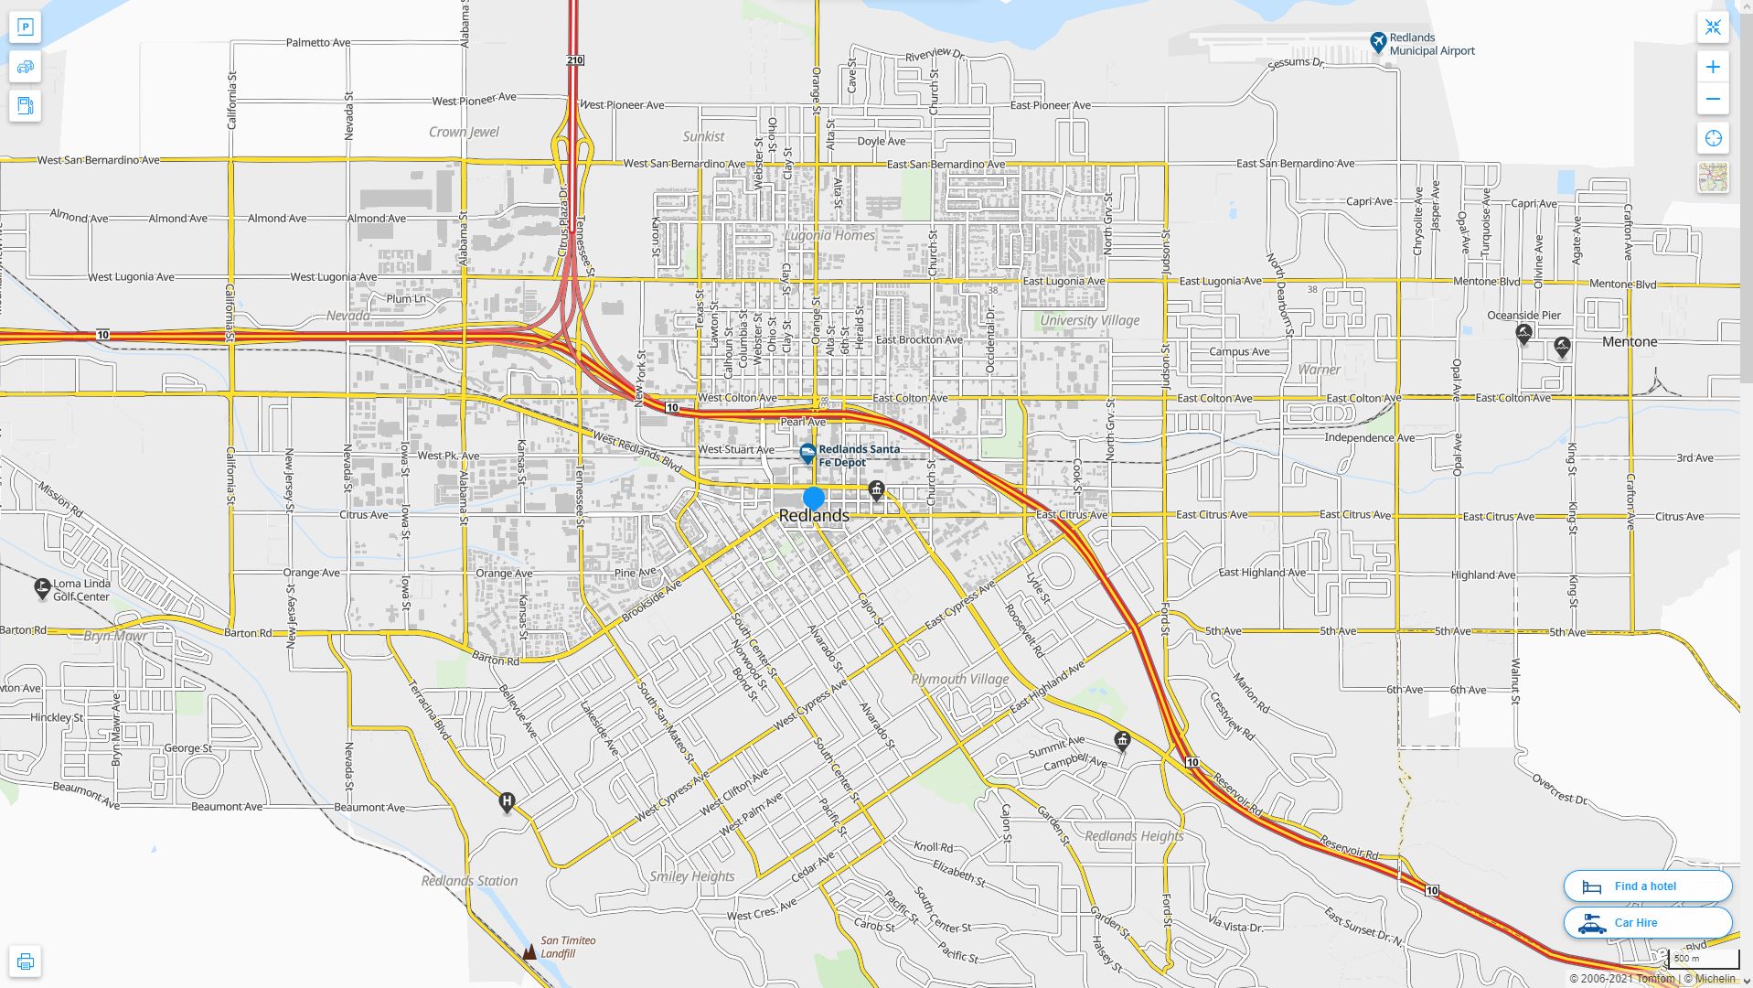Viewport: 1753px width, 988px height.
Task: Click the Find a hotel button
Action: tap(1647, 886)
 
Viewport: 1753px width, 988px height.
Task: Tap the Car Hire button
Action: tap(1647, 922)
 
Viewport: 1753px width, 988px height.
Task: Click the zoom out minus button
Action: tap(1713, 99)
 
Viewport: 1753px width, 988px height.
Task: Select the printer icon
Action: tap(26, 961)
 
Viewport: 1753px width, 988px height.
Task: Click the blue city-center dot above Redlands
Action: tap(813, 499)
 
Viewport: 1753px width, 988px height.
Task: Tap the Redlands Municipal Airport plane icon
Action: tap(1378, 42)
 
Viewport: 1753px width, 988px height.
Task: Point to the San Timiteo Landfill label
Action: tap(567, 947)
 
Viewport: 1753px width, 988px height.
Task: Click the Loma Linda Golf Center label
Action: tap(81, 590)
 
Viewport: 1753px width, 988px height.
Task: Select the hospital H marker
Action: tap(507, 803)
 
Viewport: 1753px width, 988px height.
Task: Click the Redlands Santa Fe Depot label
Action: tap(859, 456)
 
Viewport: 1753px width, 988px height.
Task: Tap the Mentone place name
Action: tap(1630, 342)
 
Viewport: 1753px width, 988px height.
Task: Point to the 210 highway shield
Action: tap(574, 60)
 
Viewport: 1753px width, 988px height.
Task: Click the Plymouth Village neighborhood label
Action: tap(960, 679)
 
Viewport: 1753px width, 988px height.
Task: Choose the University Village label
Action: tap(1089, 320)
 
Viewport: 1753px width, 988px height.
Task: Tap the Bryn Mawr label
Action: tap(115, 636)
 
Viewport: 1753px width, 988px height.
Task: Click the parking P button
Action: tap(26, 27)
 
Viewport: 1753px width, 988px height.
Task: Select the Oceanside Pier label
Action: tap(1523, 316)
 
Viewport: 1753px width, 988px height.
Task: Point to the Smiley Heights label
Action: tap(692, 876)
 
